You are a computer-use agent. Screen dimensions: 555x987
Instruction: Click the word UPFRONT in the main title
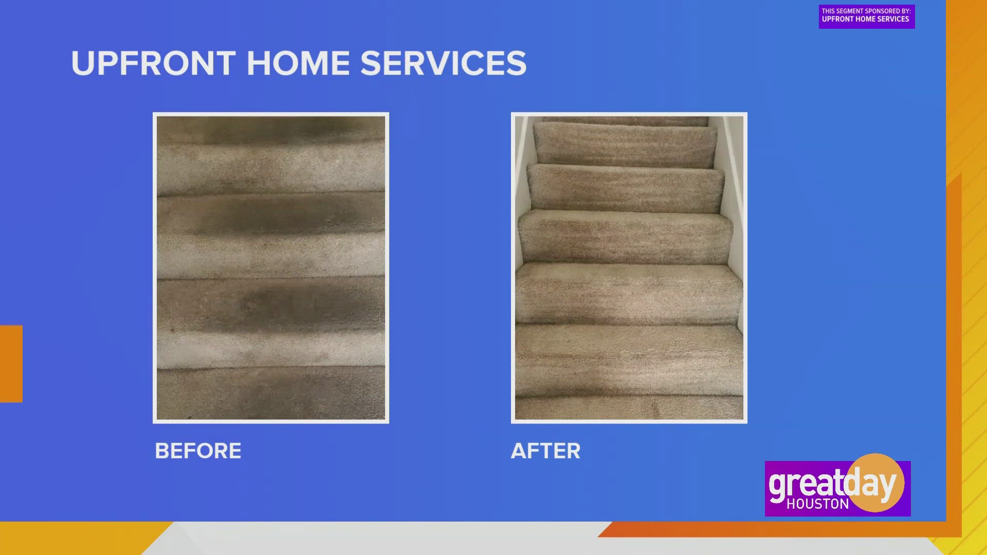(153, 64)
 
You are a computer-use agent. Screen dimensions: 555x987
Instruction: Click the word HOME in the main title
(298, 64)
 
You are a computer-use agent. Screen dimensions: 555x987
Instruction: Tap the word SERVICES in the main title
(443, 64)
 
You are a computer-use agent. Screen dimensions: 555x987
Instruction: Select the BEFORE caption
(198, 451)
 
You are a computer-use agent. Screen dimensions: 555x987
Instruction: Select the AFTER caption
(545, 451)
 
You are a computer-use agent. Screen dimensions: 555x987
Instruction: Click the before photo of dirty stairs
(271, 268)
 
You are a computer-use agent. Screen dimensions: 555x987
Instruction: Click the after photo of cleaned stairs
(629, 268)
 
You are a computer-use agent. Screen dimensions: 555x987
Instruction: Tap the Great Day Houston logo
(837, 488)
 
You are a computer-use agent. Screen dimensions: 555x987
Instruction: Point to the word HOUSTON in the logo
(817, 504)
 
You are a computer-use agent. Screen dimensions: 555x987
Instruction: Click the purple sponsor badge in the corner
(867, 16)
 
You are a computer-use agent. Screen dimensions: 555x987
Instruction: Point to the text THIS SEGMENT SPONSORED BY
(866, 11)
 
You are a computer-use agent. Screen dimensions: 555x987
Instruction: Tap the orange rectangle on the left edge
(11, 363)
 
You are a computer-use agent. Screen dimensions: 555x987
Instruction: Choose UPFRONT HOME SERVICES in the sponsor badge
(865, 20)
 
